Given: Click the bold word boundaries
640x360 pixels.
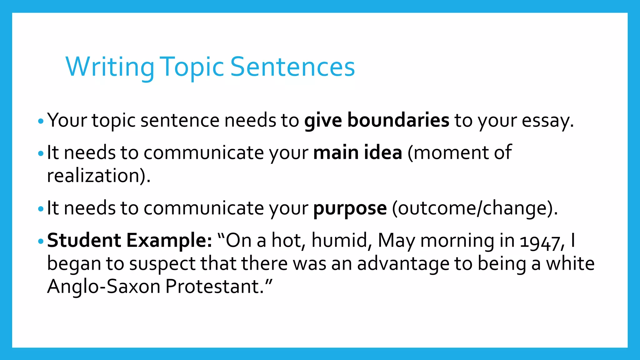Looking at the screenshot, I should pyautogui.click(x=398, y=120).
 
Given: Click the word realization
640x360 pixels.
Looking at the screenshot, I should pyautogui.click(x=95, y=176).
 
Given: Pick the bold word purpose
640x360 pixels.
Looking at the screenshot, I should pyautogui.click(x=350, y=208).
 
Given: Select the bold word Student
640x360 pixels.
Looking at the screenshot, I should pyautogui.click(x=84, y=240).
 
